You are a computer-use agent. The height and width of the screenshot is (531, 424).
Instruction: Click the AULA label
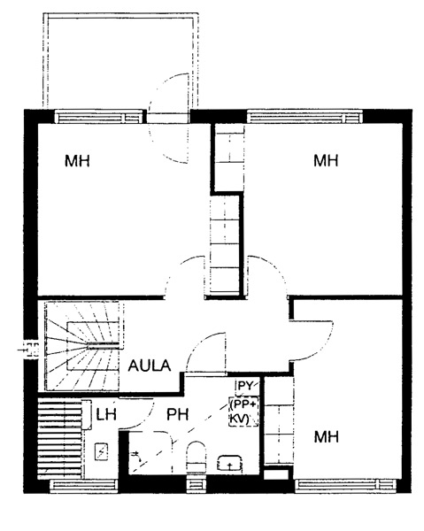[x=150, y=366]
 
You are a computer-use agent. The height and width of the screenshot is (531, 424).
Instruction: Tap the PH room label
[x=177, y=414]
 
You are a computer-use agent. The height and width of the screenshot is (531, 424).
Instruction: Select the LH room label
[x=106, y=414]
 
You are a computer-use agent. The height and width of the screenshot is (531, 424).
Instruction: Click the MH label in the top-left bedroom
[x=78, y=161]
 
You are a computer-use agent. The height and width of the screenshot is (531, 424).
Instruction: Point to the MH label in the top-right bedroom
[x=326, y=160]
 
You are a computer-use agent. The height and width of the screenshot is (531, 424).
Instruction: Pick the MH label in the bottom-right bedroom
[x=327, y=437]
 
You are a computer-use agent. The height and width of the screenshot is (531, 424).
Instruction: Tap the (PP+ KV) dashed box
[x=243, y=412]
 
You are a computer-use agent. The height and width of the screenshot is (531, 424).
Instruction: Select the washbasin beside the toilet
[x=229, y=463]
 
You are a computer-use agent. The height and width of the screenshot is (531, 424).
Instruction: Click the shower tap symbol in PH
[x=137, y=456]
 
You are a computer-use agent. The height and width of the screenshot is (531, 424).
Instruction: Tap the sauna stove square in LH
[x=101, y=451]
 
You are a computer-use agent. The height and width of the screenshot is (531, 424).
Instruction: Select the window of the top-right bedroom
[x=305, y=117]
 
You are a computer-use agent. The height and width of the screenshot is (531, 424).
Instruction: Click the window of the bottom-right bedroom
[x=346, y=486]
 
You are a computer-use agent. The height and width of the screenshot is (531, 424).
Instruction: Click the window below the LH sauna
[x=84, y=486]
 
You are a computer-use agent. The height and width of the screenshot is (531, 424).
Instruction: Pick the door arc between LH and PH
[x=143, y=416]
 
